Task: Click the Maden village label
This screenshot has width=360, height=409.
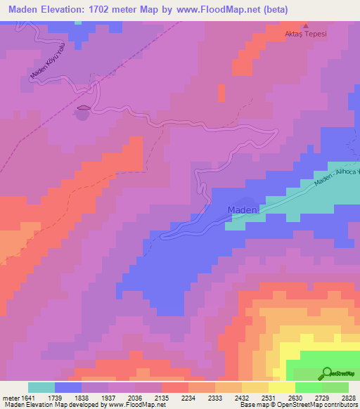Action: (243, 210)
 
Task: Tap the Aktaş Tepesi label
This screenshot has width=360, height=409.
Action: (305, 34)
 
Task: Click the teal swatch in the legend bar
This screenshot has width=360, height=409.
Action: (41, 387)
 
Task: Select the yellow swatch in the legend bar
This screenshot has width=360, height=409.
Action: (282, 387)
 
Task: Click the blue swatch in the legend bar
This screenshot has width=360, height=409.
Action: (68, 387)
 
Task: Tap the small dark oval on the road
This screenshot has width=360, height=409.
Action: (83, 108)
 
